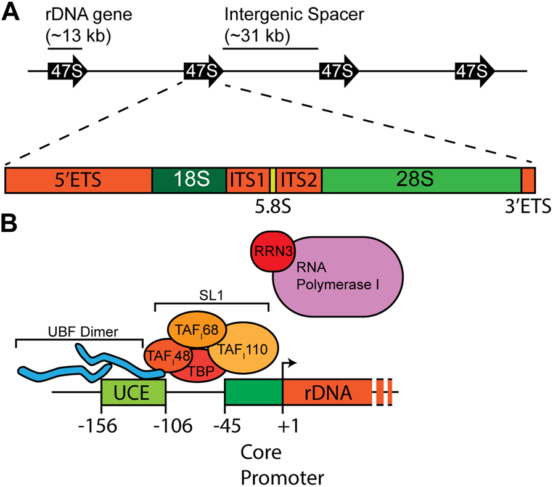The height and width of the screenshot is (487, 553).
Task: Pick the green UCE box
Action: click(133, 392)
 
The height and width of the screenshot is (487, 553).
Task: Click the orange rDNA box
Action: click(327, 392)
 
